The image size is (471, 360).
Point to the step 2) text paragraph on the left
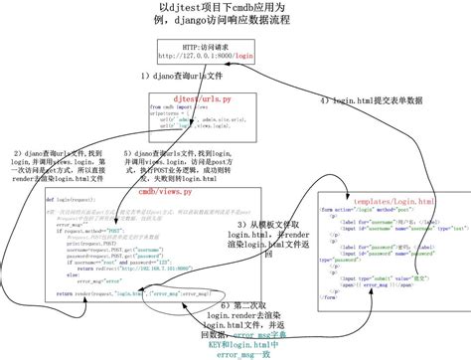point(51,166)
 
